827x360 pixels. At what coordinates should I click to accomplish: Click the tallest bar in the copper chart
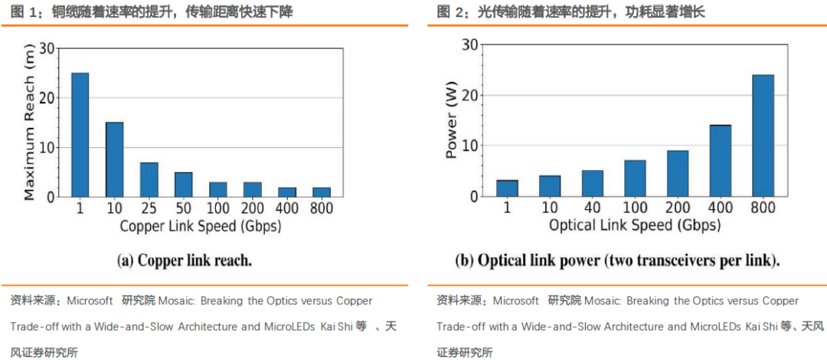[80, 135]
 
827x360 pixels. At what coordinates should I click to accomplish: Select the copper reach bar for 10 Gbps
[114, 159]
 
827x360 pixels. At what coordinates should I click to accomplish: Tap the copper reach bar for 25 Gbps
[149, 179]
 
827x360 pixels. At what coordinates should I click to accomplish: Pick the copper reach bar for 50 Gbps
[184, 185]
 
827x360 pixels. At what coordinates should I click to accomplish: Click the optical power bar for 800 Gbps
[763, 136]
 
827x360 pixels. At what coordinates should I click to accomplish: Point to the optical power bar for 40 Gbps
[593, 183]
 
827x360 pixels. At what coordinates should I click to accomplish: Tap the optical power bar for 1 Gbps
[507, 188]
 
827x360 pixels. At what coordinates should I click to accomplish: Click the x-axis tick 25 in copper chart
[149, 208]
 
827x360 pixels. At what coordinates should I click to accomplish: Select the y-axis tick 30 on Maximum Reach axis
[48, 48]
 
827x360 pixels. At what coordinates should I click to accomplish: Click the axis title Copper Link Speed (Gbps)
[201, 226]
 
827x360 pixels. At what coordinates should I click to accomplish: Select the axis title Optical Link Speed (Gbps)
[635, 226]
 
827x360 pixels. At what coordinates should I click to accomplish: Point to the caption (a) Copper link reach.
[185, 260]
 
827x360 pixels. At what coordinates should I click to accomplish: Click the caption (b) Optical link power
[617, 260]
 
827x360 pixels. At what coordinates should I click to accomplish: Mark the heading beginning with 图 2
[570, 12]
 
